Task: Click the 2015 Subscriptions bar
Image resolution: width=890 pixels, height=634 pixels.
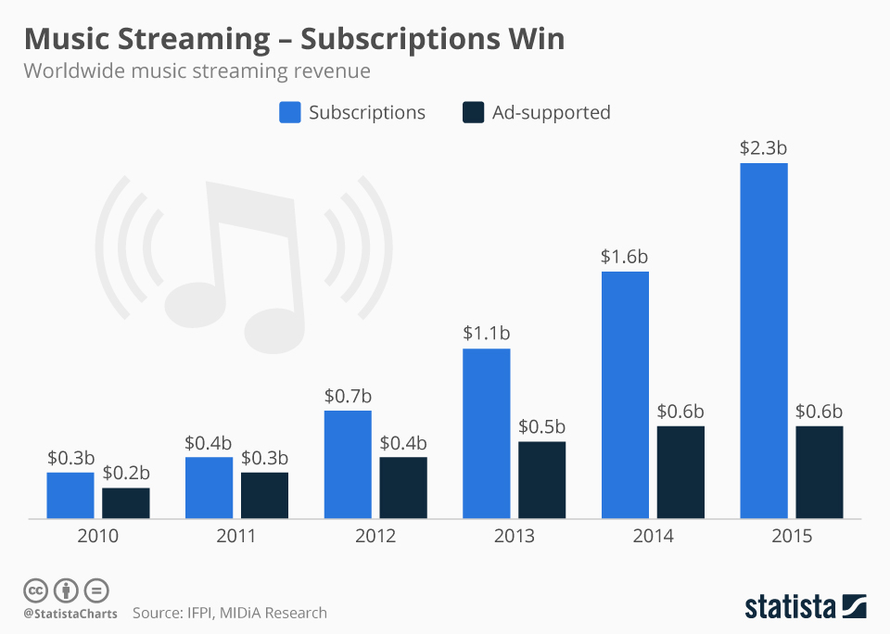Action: pyautogui.click(x=763, y=340)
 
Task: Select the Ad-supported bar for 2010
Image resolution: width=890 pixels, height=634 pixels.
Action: pyautogui.click(x=125, y=502)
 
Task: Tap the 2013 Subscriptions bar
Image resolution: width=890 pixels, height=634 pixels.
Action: pyautogui.click(x=486, y=433)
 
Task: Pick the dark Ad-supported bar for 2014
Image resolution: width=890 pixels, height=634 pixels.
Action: pyautogui.click(x=680, y=472)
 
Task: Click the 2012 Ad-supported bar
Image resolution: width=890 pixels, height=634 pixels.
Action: pyautogui.click(x=403, y=487)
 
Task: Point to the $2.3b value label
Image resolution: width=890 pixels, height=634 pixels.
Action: pyautogui.click(x=763, y=147)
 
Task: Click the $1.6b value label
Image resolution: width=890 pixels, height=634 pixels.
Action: pyautogui.click(x=625, y=256)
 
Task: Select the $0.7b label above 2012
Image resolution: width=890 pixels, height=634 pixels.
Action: pyautogui.click(x=348, y=395)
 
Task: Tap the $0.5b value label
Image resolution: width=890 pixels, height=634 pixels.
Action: pyautogui.click(x=541, y=425)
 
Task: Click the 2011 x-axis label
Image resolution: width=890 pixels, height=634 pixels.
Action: pyautogui.click(x=236, y=537)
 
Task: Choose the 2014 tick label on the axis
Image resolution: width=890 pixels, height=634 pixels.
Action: pyautogui.click(x=653, y=537)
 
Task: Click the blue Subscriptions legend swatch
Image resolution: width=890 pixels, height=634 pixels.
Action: pyautogui.click(x=289, y=113)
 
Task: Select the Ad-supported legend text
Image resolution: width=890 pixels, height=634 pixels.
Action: pyautogui.click(x=551, y=113)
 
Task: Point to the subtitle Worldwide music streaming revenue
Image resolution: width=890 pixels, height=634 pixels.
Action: pyautogui.click(x=197, y=71)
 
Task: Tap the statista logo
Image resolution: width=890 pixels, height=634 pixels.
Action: pyautogui.click(x=805, y=607)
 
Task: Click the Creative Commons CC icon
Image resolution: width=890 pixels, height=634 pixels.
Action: pyautogui.click(x=35, y=590)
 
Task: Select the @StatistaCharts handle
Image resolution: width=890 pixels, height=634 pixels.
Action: pyautogui.click(x=70, y=614)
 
